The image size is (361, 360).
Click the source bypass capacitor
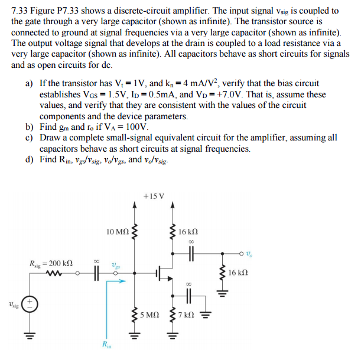point(191,296)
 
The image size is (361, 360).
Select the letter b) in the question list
point(30,126)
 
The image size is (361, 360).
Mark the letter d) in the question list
point(30,159)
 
